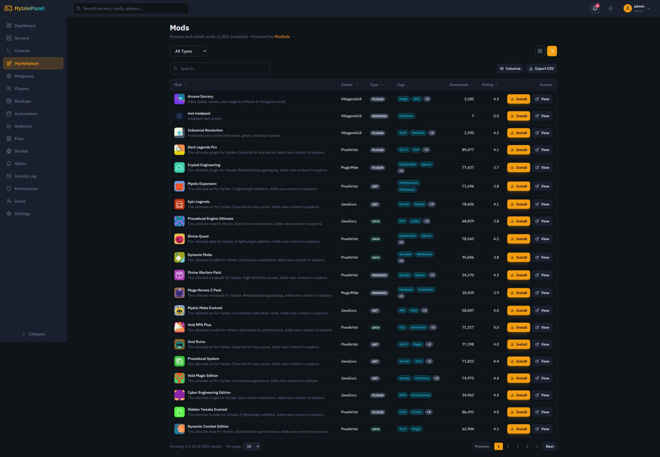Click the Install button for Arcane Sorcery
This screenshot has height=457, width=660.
[518, 99]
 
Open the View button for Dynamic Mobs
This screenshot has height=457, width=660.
[542, 257]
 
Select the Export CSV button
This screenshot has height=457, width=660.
[541, 69]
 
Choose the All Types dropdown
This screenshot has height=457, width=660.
[188, 51]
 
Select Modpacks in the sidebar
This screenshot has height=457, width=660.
[24, 76]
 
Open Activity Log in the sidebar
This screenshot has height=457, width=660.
[26, 176]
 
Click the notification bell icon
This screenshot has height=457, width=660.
[595, 8]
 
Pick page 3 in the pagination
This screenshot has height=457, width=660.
[517, 446]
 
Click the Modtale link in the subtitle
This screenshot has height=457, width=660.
[282, 37]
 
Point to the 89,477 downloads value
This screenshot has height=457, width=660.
[468, 150]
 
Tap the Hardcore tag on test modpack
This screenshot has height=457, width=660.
[406, 116]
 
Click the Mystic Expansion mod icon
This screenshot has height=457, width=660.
[179, 186]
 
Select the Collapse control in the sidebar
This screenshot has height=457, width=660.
[33, 334]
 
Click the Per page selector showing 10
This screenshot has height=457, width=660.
[251, 446]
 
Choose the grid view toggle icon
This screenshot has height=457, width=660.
[540, 51]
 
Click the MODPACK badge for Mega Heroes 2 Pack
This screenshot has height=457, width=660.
[379, 293]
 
